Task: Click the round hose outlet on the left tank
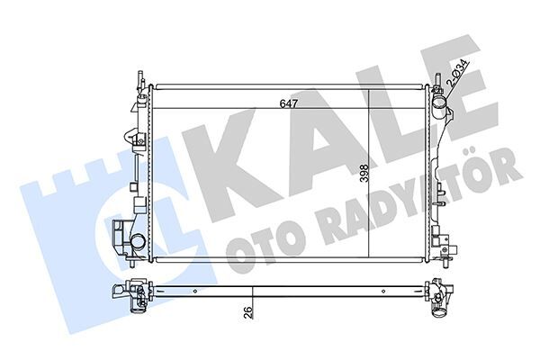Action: pyautogui.click(x=137, y=244)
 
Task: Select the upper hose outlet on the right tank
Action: pyautogui.click(x=439, y=115)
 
